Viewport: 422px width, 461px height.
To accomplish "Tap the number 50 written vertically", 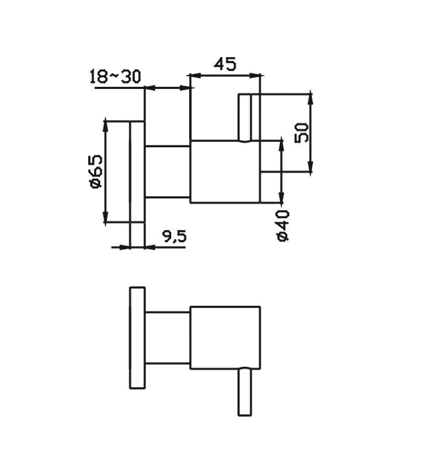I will click(x=303, y=132).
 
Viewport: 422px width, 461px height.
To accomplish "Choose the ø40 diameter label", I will click(x=283, y=225).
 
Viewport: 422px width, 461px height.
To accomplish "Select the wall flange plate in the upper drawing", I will click(x=137, y=172).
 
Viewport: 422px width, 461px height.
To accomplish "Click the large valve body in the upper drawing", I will click(x=225, y=171).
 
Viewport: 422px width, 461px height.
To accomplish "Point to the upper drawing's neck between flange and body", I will click(x=167, y=171).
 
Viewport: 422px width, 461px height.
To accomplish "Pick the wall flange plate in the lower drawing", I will click(x=137, y=338).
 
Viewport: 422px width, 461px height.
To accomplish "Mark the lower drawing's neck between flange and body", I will click(x=167, y=338).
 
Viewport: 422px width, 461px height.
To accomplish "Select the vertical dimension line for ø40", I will click(x=283, y=172).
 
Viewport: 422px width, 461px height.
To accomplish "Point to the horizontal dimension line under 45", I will click(x=226, y=75).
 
